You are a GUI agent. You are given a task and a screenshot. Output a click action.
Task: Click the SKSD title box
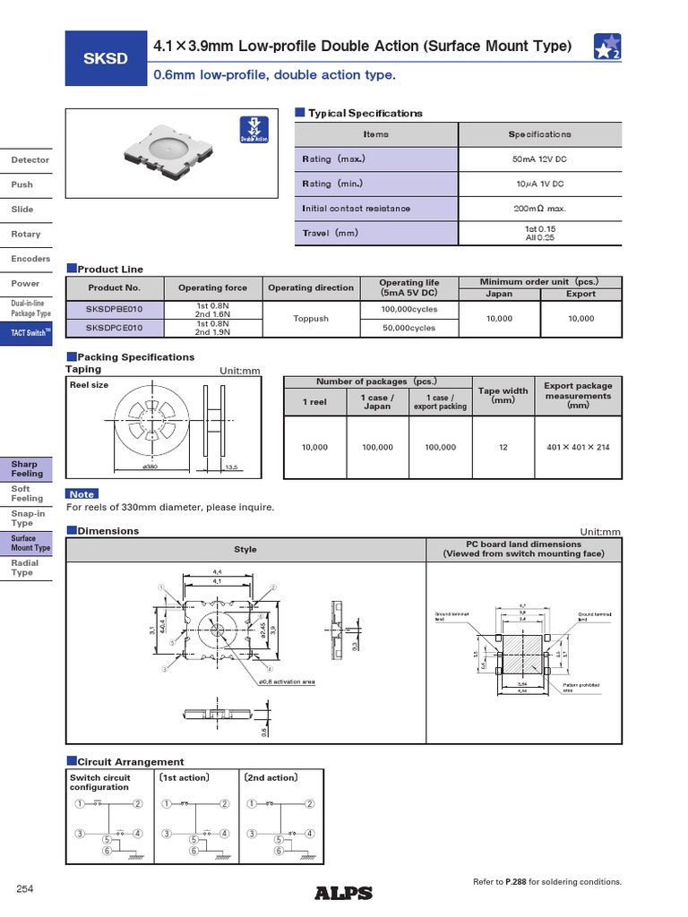pos(107,59)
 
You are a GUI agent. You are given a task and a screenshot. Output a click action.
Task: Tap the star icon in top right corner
pos(606,47)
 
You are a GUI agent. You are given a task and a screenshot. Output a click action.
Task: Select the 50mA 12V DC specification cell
pos(539,159)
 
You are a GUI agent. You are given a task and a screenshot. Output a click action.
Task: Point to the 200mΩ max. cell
pos(539,209)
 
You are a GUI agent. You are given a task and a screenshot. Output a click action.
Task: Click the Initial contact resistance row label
pos(357,209)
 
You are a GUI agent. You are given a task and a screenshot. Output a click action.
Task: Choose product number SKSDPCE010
pos(114,328)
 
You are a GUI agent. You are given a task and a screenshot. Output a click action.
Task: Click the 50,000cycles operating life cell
pos(408,328)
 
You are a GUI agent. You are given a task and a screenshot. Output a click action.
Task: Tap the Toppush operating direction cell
pos(311,318)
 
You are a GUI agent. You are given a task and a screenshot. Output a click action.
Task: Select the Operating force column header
pos(212,287)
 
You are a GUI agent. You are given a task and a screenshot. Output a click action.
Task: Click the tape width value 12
pos(503,447)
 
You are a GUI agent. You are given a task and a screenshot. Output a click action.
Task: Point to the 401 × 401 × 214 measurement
pos(578,447)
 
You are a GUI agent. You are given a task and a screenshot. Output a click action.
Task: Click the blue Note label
pos(82,494)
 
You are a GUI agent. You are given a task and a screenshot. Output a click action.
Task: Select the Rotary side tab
pos(26,234)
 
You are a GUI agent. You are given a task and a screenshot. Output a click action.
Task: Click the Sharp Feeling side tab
pos(26,468)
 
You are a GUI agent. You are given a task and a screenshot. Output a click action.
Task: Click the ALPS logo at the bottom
pos(343,892)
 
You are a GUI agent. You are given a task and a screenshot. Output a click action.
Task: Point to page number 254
pos(25,888)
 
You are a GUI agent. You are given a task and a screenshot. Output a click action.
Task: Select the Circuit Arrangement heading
pos(131,761)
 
